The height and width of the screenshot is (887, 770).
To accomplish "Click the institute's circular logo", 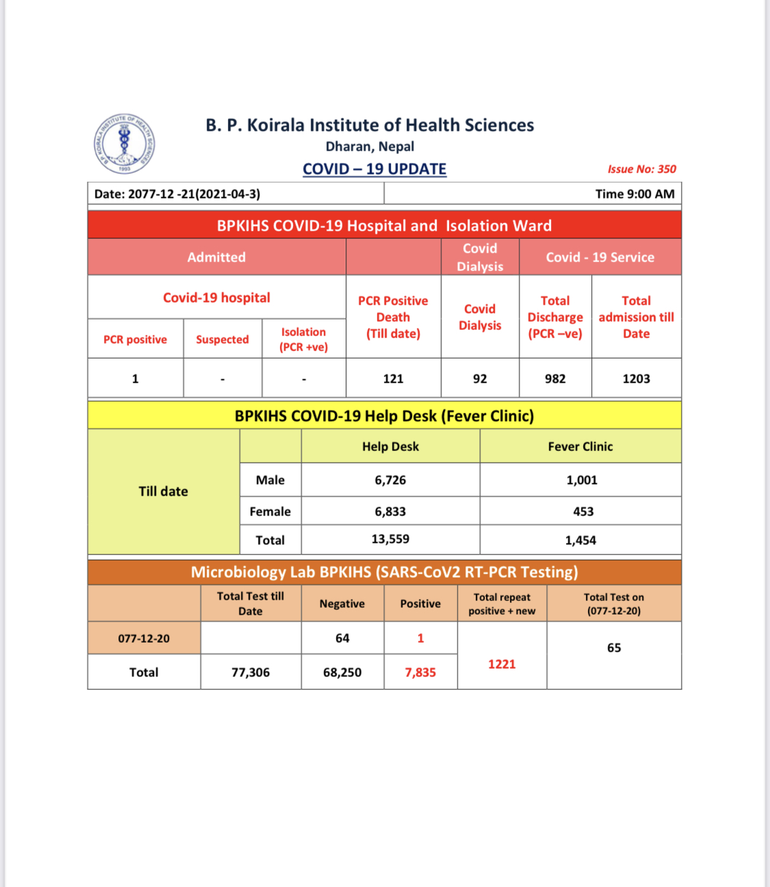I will coord(124,144).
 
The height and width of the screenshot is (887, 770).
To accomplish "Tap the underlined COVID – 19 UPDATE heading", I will coord(374,169).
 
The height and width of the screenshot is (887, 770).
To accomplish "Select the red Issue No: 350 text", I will coord(641,169).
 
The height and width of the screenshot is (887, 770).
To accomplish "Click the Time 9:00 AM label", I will coord(634,194).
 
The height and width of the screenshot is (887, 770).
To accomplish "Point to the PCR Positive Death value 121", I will coord(393,378).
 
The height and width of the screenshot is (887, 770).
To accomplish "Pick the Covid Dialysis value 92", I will coord(480,378).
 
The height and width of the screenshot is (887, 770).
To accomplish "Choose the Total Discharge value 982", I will coord(555,378).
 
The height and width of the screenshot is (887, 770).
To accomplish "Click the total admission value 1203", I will coord(636,378).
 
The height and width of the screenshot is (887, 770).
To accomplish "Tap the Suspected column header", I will coord(222,339).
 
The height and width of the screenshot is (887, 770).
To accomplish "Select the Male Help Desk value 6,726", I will coord(390,480).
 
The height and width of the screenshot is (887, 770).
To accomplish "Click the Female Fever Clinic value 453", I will coord(583,511).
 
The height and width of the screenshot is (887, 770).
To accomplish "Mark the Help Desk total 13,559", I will coord(390,539).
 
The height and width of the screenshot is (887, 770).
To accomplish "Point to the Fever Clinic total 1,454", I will coord(580,540).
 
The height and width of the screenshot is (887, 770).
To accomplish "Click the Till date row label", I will coord(163,491).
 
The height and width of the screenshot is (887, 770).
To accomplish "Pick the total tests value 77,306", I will coord(251,672).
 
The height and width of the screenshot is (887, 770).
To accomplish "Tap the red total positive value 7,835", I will coord(420,672).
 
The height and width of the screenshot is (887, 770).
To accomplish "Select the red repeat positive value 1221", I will coord(502,664).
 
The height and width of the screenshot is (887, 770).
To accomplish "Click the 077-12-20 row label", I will coord(144,639).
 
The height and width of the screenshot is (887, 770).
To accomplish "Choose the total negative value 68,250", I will coord(342,672).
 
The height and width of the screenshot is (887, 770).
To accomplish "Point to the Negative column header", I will coord(342,604).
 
